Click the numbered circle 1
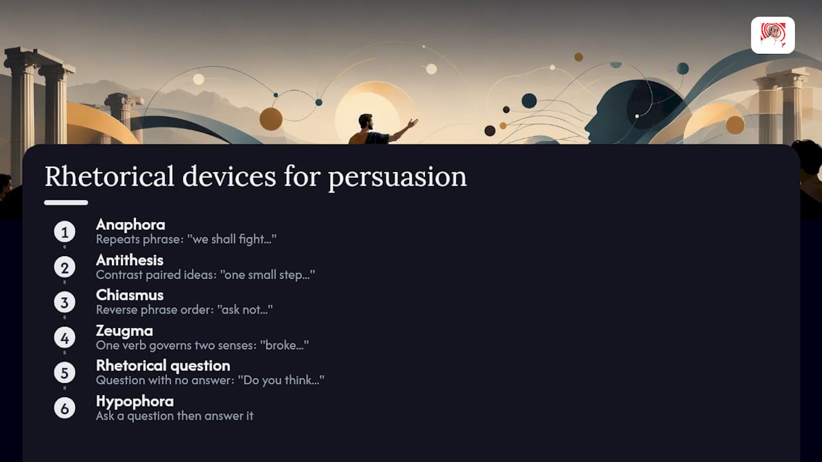(65, 232)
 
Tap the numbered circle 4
(65, 338)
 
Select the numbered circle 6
(65, 407)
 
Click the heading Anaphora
(130, 225)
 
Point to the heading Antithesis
(130, 261)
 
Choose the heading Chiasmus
(130, 295)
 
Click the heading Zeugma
(125, 331)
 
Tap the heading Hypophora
(135, 402)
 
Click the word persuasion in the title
(398, 178)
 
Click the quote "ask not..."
(245, 310)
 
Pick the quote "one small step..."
(268, 275)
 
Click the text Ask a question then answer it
(175, 416)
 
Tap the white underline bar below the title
(66, 203)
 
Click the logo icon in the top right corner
(773, 35)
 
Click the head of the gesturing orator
(366, 121)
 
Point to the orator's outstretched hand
(412, 123)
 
